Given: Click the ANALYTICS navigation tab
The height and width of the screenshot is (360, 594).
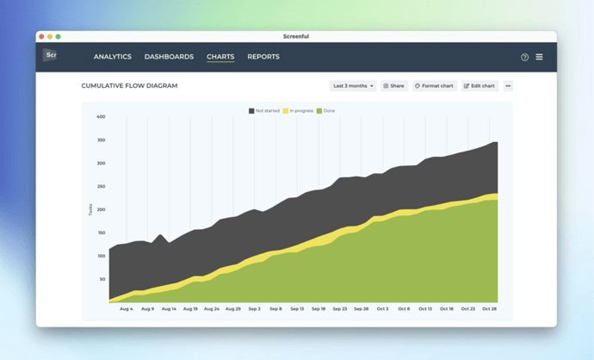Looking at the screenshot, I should pos(113,57).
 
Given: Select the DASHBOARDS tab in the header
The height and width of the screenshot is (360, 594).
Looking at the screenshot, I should pos(169,57).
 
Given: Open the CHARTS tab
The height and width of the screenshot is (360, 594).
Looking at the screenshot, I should pos(220,57).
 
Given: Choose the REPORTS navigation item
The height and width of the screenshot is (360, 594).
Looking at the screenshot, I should pos(263,57).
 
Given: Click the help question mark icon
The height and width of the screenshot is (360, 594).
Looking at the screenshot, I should pos(525,57).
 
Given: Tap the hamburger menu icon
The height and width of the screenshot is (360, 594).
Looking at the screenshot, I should pos(540,57).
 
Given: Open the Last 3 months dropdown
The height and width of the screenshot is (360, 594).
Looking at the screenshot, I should pos(353,86).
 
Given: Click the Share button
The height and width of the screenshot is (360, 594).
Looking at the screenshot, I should pos(393,86).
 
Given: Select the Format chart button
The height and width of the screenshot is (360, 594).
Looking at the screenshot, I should pos(434,86).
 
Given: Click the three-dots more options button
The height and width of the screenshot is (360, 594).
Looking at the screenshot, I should pos(508,86).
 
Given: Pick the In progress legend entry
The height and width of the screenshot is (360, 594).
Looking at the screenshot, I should pos(298,111).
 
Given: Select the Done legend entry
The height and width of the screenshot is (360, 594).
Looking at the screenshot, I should pos(326,111).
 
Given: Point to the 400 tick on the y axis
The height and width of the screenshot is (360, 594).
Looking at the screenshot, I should pos(101,116).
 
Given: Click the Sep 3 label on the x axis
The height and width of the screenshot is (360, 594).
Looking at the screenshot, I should pos(254,308).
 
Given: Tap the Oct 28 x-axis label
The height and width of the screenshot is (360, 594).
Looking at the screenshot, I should pos(489,308).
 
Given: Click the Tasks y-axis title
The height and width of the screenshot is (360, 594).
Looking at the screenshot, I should pos(90,209).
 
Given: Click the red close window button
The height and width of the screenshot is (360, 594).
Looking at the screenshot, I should pos(41,36).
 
